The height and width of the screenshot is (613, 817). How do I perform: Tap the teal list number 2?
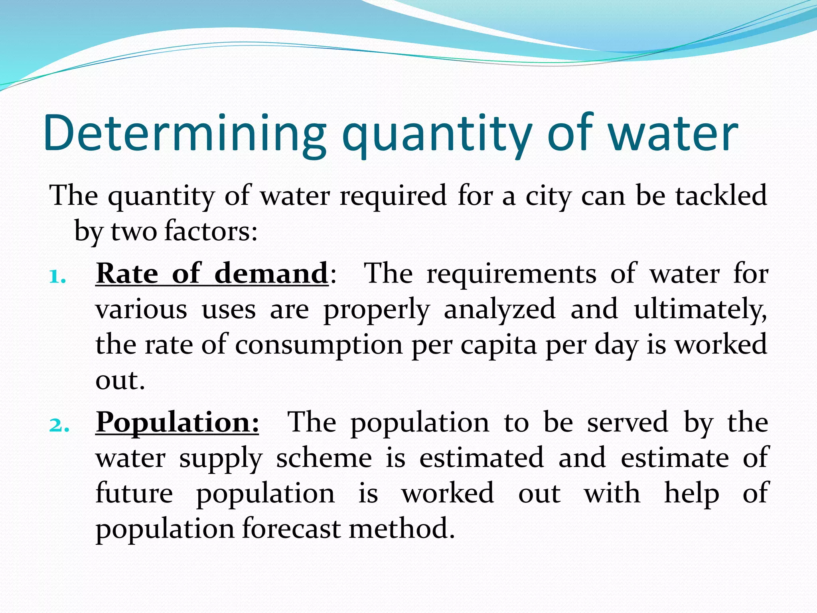point(59,425)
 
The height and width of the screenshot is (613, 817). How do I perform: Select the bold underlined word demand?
point(271,274)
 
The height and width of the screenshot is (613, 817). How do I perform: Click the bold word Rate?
point(127,274)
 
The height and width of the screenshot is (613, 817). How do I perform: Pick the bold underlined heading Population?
point(177,423)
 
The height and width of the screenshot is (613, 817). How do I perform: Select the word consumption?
point(318,346)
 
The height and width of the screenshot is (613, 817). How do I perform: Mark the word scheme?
point(324,458)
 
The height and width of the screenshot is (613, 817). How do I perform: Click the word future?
point(134,493)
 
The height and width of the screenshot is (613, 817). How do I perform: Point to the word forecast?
point(291,529)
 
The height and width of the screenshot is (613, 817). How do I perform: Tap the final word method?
point(401,529)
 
